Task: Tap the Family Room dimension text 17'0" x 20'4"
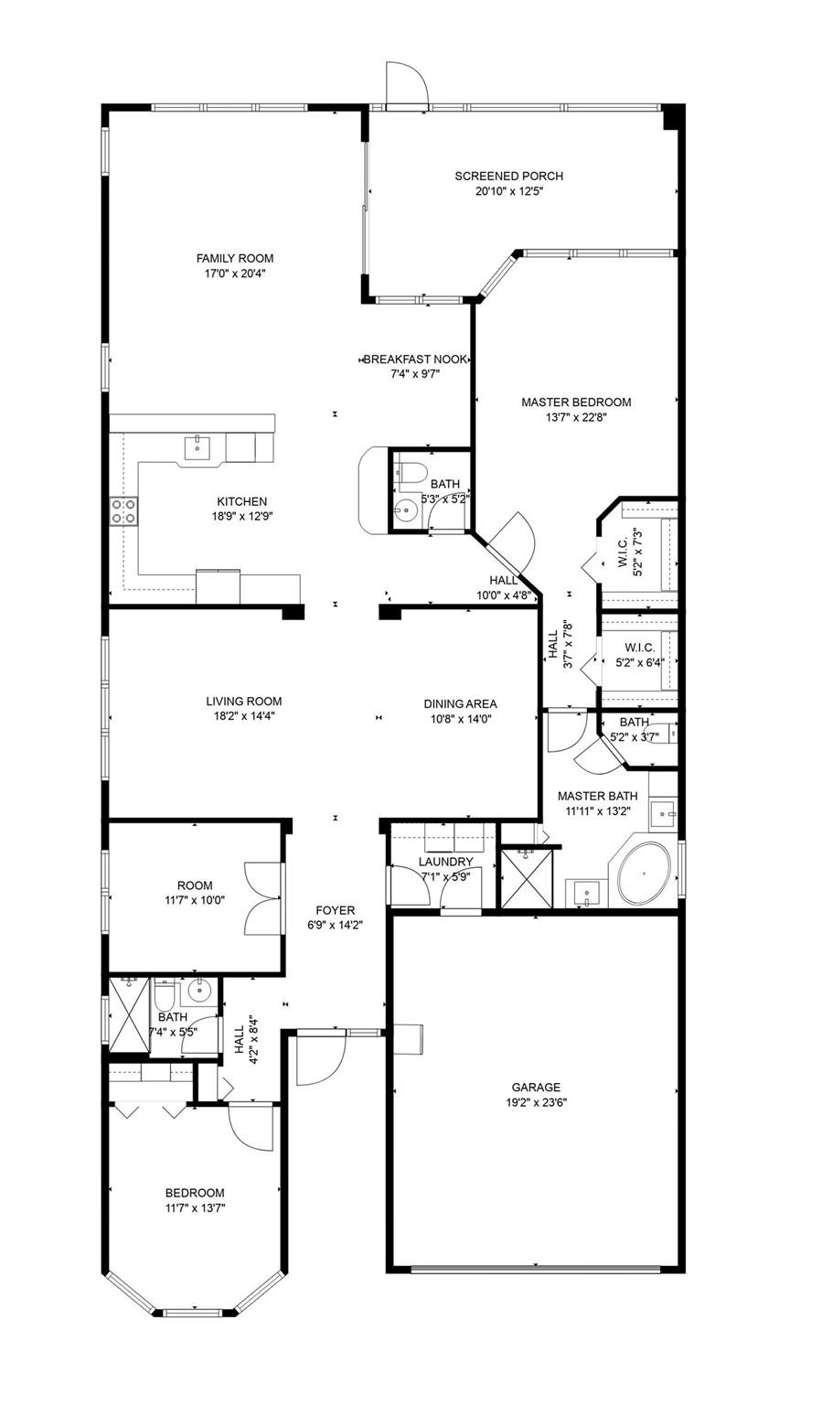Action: [235, 273]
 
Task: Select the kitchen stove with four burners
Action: [123, 510]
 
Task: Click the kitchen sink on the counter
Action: [197, 447]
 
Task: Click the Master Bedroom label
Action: [576, 402]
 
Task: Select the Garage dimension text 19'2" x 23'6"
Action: [536, 1102]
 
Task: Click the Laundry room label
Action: [446, 862]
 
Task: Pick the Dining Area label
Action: [460, 703]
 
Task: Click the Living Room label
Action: [243, 702]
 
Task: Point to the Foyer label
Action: [336, 910]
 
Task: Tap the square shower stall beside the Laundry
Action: [528, 879]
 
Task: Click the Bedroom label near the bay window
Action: [195, 1193]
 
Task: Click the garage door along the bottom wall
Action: [536, 1269]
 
